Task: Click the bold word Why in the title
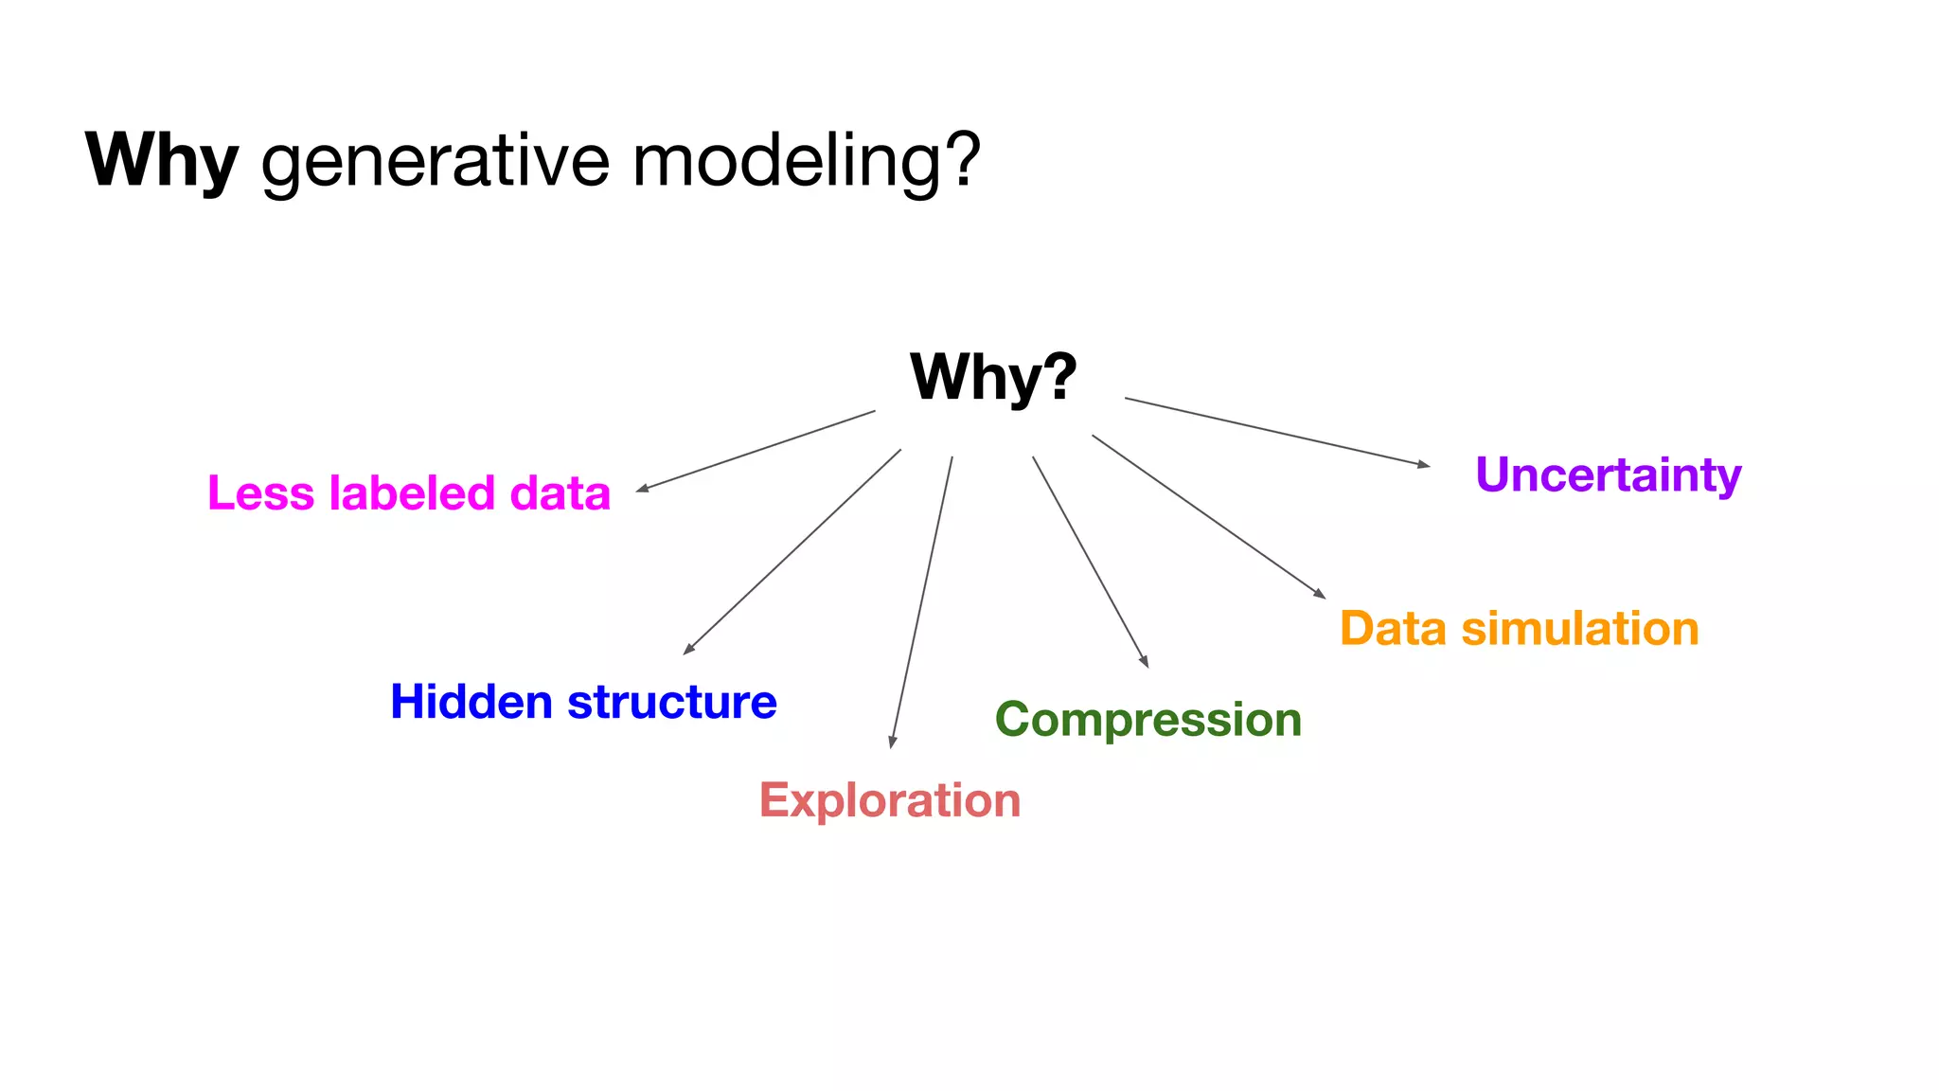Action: pyautogui.click(x=162, y=161)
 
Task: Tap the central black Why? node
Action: pyautogui.click(x=993, y=377)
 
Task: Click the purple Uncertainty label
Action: pyautogui.click(x=1608, y=475)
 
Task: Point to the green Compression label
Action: pyautogui.click(x=1148, y=720)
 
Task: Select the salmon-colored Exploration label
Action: pyautogui.click(x=890, y=801)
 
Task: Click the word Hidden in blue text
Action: pyautogui.click(x=471, y=703)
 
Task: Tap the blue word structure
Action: pyautogui.click(x=672, y=703)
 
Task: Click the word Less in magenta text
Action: pyautogui.click(x=260, y=494)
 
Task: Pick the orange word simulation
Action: pyautogui.click(x=1580, y=629)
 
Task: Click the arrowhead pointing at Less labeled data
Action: pyautogui.click(x=641, y=489)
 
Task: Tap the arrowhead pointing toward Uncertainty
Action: pyautogui.click(x=1425, y=464)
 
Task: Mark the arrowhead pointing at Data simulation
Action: pyautogui.click(x=1321, y=595)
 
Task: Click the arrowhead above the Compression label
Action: pyautogui.click(x=1145, y=663)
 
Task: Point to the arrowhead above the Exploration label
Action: pyautogui.click(x=892, y=742)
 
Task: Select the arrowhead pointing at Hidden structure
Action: pyautogui.click(x=688, y=650)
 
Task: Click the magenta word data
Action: pyautogui.click(x=560, y=494)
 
